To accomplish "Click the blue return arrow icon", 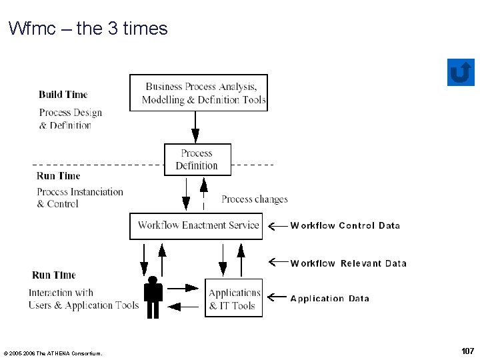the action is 461,72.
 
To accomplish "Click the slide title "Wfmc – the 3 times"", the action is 88,28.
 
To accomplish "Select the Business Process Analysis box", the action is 199,93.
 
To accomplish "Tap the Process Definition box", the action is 197,159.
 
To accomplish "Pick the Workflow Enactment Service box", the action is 196,226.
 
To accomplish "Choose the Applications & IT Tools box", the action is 233,298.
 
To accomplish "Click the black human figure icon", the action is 153,297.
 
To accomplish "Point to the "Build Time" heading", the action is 63,95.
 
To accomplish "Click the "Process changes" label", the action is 255,199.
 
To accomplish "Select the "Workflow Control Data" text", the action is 345,225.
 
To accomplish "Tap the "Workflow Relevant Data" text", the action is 349,263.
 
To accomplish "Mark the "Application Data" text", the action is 330,299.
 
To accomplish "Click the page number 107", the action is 468,351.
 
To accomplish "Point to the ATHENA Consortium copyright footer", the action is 53,353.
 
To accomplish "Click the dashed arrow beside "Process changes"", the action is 203,194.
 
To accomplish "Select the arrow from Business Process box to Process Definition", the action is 195,127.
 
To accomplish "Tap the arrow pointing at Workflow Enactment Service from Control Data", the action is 277,226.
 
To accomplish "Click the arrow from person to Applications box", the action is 183,288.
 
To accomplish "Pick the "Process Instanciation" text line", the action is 80,192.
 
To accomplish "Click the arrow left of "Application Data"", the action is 277,297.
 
